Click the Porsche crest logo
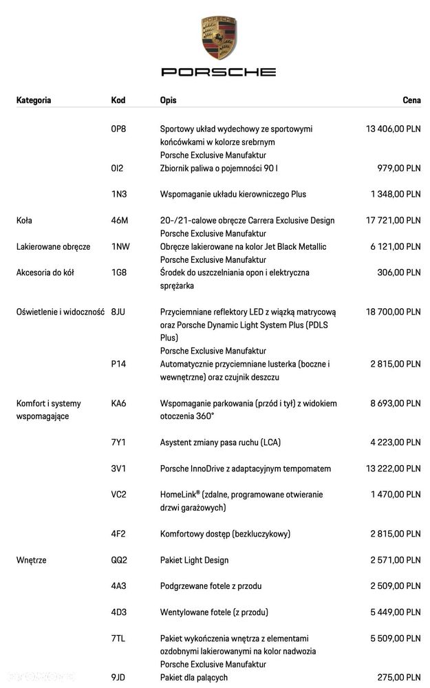point(219,38)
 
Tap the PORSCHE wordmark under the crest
point(219,72)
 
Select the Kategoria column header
point(34,100)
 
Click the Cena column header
point(411,100)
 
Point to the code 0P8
point(118,129)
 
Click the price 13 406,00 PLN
point(393,129)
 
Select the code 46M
point(120,221)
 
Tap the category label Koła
point(24,221)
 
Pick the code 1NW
point(120,247)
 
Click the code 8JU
point(119,312)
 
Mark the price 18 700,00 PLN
point(393,312)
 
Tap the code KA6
point(119,404)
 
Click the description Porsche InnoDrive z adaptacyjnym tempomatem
point(246,469)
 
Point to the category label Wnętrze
point(32,560)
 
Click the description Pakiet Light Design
point(194,560)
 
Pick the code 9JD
point(119,678)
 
